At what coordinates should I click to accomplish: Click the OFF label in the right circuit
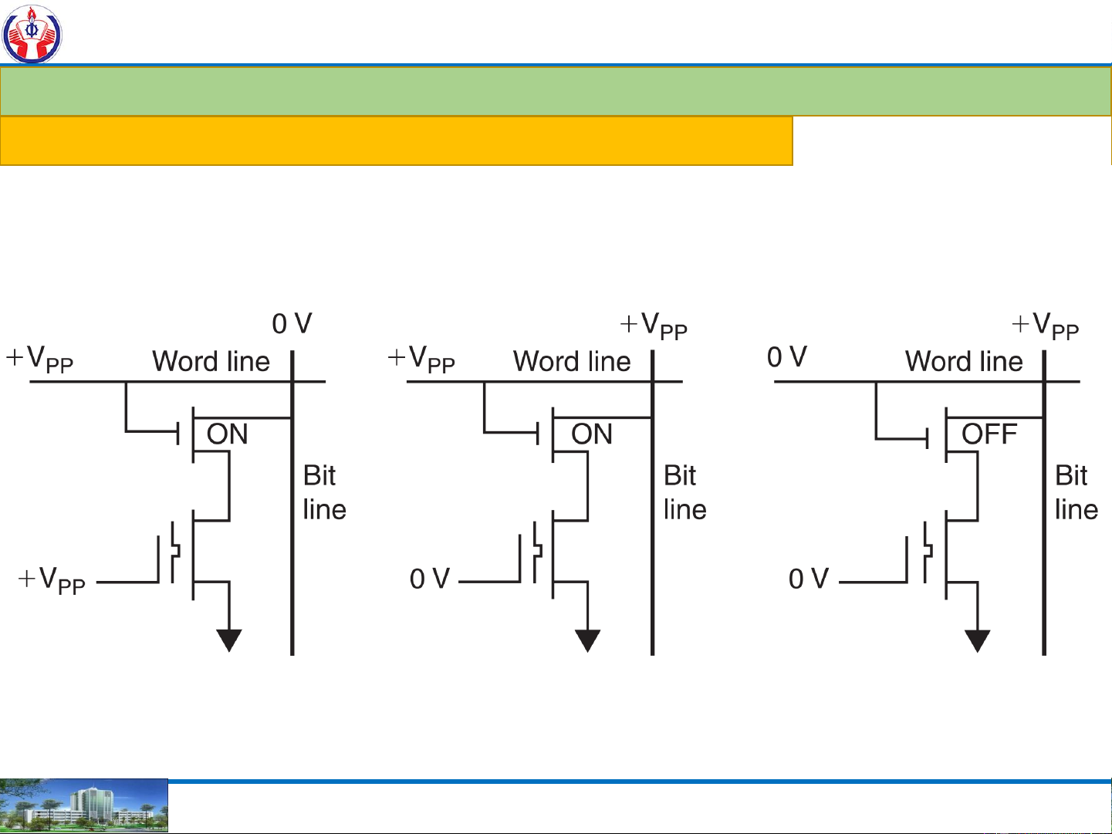pyautogui.click(x=989, y=434)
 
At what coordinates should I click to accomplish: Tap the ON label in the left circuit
pyautogui.click(x=227, y=434)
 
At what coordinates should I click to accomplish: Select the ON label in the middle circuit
pyautogui.click(x=591, y=434)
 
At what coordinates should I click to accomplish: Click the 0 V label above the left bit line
pyautogui.click(x=292, y=324)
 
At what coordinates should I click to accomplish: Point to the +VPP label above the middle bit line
pyautogui.click(x=654, y=326)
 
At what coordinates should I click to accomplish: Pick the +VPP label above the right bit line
pyautogui.click(x=1046, y=326)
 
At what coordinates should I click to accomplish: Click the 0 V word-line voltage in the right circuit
pyautogui.click(x=787, y=357)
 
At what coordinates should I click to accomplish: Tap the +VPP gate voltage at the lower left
pyautogui.click(x=52, y=580)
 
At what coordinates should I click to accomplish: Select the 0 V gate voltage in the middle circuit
pyautogui.click(x=430, y=579)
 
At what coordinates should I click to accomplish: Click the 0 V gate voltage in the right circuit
pyautogui.click(x=809, y=579)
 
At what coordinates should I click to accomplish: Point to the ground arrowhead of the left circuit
pyautogui.click(x=229, y=640)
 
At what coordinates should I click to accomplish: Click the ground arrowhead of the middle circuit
pyautogui.click(x=587, y=640)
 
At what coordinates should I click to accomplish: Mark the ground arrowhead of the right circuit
pyautogui.click(x=978, y=640)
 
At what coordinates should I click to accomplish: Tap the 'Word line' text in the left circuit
pyautogui.click(x=211, y=361)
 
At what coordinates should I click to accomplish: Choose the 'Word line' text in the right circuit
pyautogui.click(x=964, y=361)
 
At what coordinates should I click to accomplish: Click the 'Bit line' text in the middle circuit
pyautogui.click(x=684, y=492)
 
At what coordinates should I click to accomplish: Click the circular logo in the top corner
pyautogui.click(x=32, y=33)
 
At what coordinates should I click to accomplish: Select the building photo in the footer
pyautogui.click(x=83, y=805)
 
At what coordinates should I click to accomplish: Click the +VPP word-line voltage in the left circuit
pyautogui.click(x=39, y=360)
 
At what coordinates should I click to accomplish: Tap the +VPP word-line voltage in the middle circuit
pyautogui.click(x=421, y=360)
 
